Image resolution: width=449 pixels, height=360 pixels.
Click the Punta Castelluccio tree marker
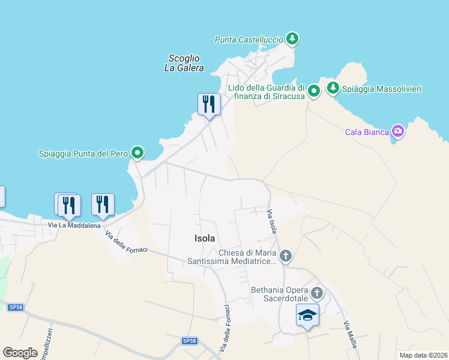(x=292, y=39)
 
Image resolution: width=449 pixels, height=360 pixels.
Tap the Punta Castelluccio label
(x=249, y=40)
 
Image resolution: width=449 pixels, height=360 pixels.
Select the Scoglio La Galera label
(x=184, y=63)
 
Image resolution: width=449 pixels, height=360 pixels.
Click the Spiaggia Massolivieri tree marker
(x=333, y=89)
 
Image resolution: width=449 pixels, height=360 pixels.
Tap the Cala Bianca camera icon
(x=397, y=131)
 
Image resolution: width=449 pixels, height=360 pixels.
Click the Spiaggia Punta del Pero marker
(x=137, y=154)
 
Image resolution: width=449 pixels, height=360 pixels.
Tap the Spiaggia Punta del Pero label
(x=83, y=154)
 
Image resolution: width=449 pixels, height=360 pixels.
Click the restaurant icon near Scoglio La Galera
(x=208, y=104)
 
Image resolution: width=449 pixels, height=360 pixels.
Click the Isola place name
(x=205, y=238)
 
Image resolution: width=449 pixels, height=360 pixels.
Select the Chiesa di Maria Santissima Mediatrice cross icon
(x=286, y=256)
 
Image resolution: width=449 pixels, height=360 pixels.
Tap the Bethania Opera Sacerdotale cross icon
(x=317, y=294)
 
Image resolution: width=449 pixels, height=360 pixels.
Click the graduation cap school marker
(x=307, y=314)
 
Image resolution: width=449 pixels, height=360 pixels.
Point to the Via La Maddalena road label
(x=74, y=225)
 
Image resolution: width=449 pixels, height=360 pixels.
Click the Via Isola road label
(x=272, y=222)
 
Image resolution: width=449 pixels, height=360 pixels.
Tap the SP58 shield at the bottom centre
(x=189, y=341)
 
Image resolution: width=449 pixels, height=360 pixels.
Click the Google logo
(x=20, y=353)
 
